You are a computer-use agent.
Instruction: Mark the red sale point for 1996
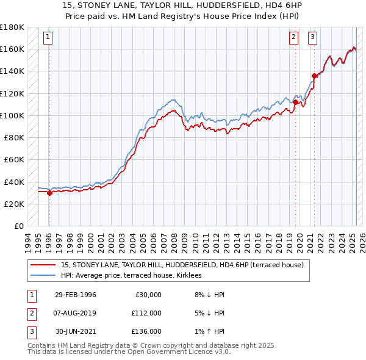click(x=49, y=193)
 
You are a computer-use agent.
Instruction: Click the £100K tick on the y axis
click(x=12, y=115)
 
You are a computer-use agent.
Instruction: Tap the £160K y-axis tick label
click(x=12, y=49)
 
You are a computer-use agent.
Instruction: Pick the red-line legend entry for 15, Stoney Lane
click(x=178, y=265)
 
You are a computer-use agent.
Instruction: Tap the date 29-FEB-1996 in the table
click(x=76, y=295)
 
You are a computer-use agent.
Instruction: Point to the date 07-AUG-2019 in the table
click(x=76, y=313)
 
